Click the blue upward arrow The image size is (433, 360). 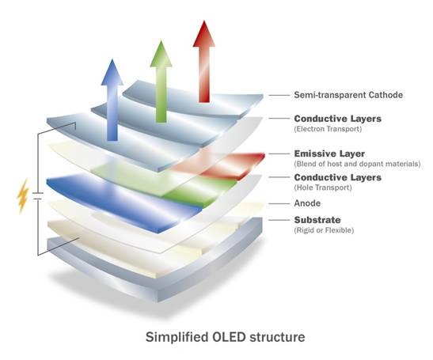point(112,100)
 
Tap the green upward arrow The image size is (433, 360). point(161,82)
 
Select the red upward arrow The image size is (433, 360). point(204,62)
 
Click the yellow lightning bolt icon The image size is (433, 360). point(22,196)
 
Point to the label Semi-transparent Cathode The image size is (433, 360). point(348,95)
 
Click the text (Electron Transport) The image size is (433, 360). point(328,129)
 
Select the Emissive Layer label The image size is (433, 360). point(329,153)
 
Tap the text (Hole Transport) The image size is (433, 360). point(323,188)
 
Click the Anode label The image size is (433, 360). point(307,203)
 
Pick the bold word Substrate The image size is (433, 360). point(317,220)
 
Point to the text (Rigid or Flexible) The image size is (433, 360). point(324,230)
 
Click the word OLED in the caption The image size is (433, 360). point(229,337)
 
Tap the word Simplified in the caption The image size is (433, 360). point(177,337)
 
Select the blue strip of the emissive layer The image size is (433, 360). point(124,202)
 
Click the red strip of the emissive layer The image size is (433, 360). point(218,164)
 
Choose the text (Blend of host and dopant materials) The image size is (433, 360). point(357,164)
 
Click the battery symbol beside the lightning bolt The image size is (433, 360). point(37,195)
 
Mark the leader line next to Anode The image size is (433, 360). point(279,204)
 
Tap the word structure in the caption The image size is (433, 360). point(277,337)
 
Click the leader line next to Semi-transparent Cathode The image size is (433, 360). point(279,95)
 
